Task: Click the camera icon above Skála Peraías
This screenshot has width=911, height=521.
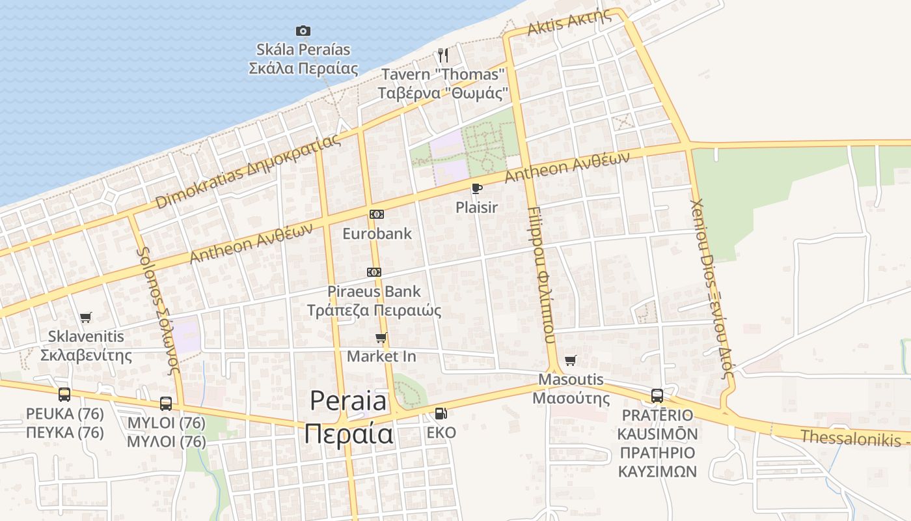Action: click(x=303, y=31)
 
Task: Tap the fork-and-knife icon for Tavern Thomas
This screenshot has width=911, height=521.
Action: click(x=443, y=55)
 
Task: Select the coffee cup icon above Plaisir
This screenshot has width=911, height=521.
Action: click(x=476, y=189)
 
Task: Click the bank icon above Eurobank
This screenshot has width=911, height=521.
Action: click(x=376, y=214)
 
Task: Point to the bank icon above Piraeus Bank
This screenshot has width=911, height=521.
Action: click(x=374, y=272)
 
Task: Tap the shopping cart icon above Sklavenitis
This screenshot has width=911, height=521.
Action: click(x=85, y=318)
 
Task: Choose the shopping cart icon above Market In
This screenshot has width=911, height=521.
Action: click(x=381, y=337)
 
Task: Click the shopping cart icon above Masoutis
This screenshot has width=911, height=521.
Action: click(x=571, y=360)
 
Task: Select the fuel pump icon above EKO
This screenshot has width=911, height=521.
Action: click(x=441, y=413)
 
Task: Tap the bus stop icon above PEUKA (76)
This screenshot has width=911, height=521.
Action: click(x=64, y=394)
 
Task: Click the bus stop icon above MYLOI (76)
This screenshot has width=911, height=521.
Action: click(x=166, y=403)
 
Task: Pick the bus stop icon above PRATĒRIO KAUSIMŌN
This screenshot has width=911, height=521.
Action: click(x=657, y=396)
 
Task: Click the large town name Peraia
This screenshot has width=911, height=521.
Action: click(x=349, y=401)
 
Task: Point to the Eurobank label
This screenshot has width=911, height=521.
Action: click(x=377, y=233)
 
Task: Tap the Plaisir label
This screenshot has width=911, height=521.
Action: click(x=476, y=208)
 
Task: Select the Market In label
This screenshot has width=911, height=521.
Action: click(x=381, y=356)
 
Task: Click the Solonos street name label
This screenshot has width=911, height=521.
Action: click(x=157, y=309)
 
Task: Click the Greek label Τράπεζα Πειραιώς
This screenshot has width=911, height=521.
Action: click(x=374, y=311)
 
